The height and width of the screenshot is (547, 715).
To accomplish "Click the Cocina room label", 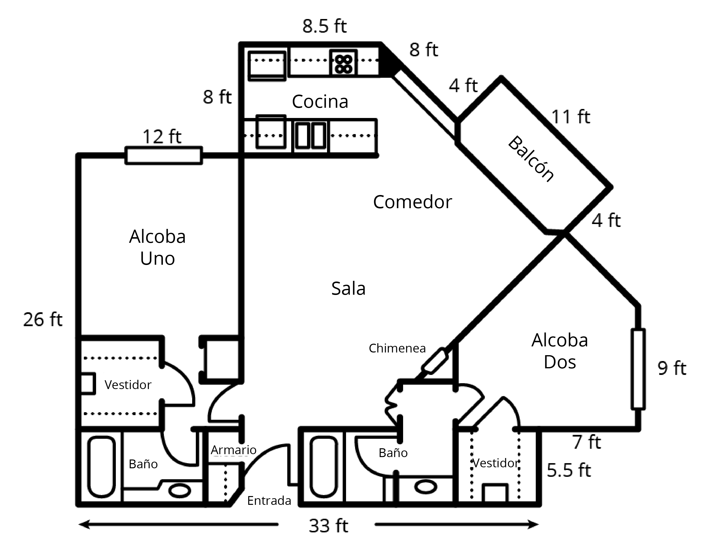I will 320,102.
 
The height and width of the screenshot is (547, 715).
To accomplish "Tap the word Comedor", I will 412,202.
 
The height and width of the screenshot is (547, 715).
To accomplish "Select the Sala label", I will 348,288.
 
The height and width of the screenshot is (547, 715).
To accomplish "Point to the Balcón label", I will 531,159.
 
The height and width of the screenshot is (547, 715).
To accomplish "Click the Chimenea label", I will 397,348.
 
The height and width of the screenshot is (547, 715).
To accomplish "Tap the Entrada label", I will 269,501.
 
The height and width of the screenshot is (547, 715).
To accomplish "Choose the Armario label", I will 233,450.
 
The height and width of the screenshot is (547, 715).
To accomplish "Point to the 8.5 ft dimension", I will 324,26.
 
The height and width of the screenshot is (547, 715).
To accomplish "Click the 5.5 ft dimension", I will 569,470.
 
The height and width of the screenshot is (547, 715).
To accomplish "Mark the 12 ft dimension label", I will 162,137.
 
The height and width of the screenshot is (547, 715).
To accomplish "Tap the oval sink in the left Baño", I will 179,490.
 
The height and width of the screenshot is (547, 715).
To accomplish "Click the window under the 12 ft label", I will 164,156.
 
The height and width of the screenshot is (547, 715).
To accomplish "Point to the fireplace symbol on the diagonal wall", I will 434,361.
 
